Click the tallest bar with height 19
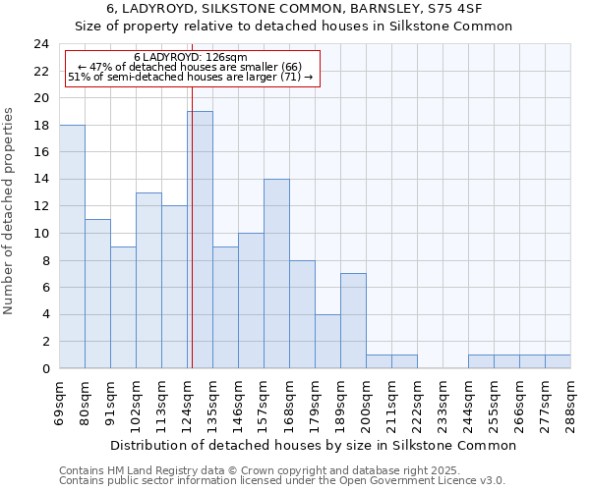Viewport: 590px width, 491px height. pyautogui.click(x=200, y=240)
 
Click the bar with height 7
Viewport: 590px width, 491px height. pyautogui.click(x=353, y=320)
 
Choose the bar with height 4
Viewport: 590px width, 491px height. pyautogui.click(x=327, y=341)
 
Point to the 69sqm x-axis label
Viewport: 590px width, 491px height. pyautogui.click(x=60, y=400)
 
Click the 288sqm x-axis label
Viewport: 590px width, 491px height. pyautogui.click(x=571, y=400)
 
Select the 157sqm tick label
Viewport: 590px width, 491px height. pyautogui.click(x=265, y=402)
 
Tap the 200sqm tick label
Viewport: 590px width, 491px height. pyautogui.click(x=367, y=402)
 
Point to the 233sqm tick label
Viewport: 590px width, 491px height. pyautogui.click(x=443, y=402)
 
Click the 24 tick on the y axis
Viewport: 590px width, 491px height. pyautogui.click(x=40, y=44)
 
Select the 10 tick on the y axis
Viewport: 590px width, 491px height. pyautogui.click(x=40, y=234)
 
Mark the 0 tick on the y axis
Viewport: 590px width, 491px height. pyautogui.click(x=44, y=368)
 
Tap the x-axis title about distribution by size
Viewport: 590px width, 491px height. pyautogui.click(x=313, y=445)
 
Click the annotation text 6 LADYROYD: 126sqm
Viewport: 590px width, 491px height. pyautogui.click(x=191, y=58)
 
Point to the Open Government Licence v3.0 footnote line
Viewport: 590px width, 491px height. pyautogui.click(x=282, y=480)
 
